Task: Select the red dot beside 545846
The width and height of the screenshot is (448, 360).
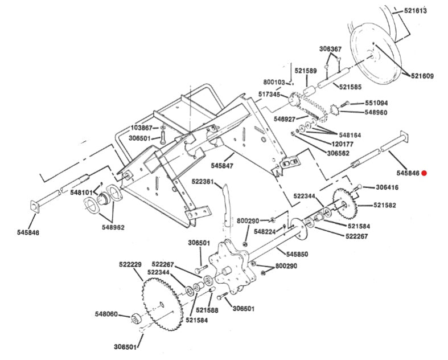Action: click(x=425, y=173)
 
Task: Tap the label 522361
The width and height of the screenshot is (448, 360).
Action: click(x=202, y=182)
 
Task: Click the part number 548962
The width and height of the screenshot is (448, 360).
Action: click(x=113, y=227)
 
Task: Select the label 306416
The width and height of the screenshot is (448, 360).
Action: click(x=387, y=187)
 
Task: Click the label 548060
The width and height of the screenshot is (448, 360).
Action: click(x=106, y=313)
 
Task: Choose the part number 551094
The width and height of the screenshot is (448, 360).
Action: click(x=376, y=103)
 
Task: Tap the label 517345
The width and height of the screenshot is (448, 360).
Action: click(x=269, y=95)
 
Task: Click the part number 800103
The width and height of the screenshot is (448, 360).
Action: click(x=274, y=82)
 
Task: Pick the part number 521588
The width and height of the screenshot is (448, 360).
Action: click(x=207, y=310)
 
